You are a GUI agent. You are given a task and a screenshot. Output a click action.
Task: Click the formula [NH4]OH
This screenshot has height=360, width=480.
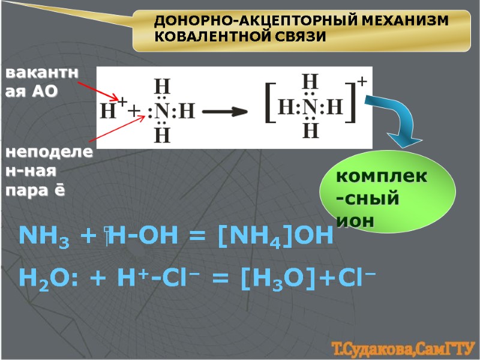click(x=275, y=236)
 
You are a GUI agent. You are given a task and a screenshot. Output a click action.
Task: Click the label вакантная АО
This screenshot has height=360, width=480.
click(x=42, y=82)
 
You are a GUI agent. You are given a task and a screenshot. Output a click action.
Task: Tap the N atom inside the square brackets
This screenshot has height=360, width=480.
click(x=310, y=109)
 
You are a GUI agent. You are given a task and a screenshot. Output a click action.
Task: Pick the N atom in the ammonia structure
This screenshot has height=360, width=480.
click(x=162, y=111)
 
